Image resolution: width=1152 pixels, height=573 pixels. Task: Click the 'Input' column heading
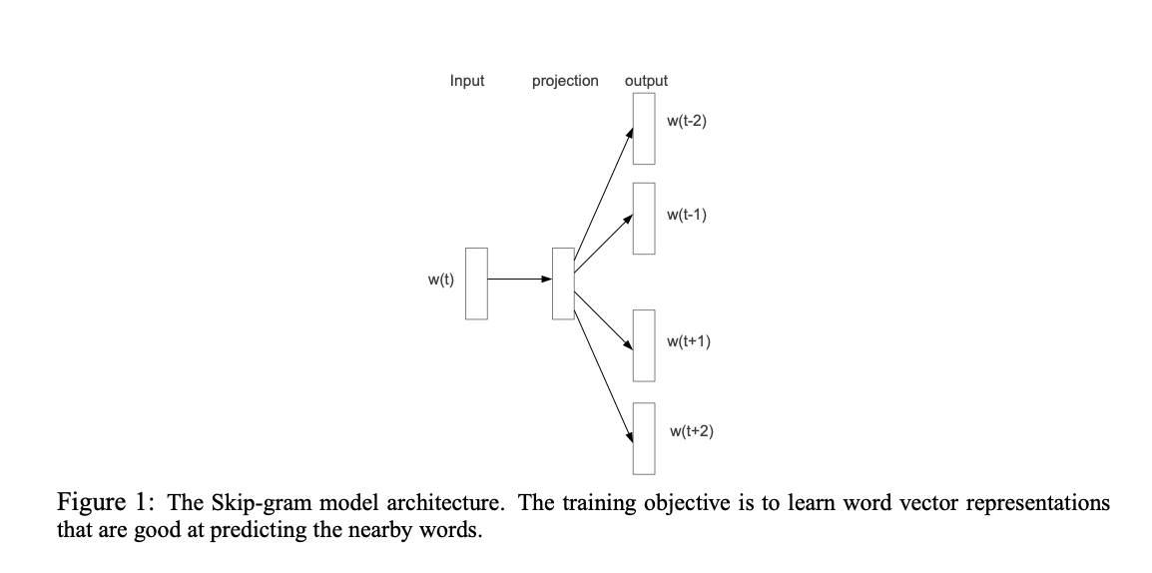point(467,81)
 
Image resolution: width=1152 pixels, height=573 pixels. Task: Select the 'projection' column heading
point(565,81)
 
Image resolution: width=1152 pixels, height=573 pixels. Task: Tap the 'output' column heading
point(646,81)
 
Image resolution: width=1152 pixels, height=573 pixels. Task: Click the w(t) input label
point(440,280)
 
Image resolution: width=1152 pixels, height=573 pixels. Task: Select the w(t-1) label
point(686,215)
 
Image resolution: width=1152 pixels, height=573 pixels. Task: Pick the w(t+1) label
point(688,341)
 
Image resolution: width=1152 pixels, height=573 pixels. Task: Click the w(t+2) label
point(691,431)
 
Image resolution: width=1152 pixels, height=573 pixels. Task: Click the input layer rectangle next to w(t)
point(477,284)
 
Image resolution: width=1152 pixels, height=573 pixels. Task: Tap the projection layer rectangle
point(563,284)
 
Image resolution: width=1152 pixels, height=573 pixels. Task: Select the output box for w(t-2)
point(644,128)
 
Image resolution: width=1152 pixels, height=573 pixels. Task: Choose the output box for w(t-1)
point(644,218)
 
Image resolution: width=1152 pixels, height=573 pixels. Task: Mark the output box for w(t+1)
point(644,345)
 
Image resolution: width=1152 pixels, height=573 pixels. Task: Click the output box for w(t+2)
point(644,437)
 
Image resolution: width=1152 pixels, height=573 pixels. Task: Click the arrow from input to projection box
point(519,280)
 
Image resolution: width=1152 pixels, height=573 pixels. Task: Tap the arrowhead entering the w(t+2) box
point(631,436)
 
